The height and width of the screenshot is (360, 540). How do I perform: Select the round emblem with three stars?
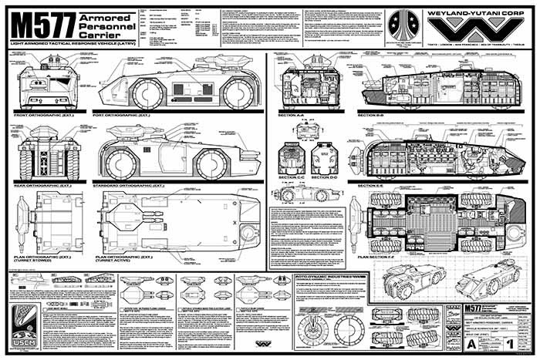tap(403, 27)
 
